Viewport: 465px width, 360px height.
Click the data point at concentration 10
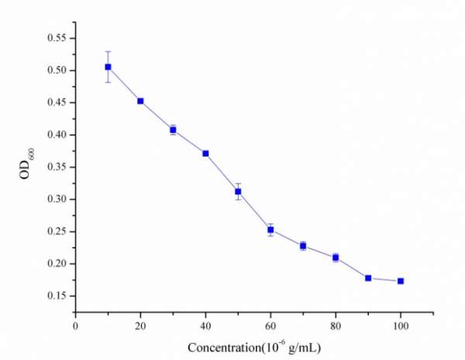coord(108,67)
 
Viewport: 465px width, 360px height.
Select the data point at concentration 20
coord(140,101)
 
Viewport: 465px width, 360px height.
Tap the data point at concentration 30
coord(173,129)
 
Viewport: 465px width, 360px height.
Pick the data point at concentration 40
coord(205,153)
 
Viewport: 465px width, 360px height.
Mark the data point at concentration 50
coord(238,191)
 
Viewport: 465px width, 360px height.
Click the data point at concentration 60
coord(270,230)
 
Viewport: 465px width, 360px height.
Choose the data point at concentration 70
coord(303,245)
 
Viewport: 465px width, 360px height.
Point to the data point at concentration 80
coord(336,257)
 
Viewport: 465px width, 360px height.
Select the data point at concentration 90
coord(368,278)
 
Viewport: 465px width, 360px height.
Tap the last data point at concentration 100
coord(401,281)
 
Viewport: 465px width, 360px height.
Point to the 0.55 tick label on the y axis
coord(57,38)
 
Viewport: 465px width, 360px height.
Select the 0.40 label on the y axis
coord(57,135)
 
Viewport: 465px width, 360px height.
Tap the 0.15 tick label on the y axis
coord(57,296)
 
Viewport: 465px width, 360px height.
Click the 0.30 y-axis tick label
coord(57,199)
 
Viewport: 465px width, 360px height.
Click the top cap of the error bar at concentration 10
coord(108,51)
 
